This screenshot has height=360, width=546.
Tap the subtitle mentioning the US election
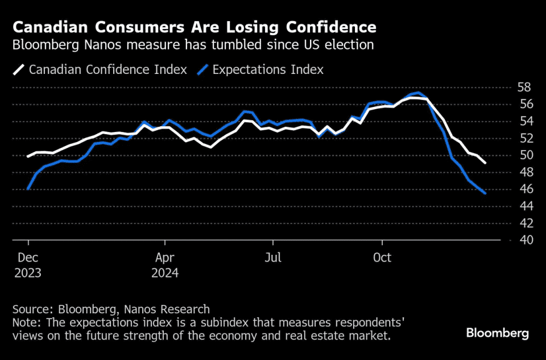[x=193, y=45]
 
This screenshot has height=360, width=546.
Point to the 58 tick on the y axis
[x=524, y=88]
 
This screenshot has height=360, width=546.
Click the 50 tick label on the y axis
[x=524, y=155]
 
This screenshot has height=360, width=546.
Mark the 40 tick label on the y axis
[x=524, y=240]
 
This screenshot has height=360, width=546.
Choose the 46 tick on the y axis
[x=524, y=189]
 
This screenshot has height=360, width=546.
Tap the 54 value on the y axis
[x=524, y=121]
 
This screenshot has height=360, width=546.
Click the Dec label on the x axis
[x=28, y=258]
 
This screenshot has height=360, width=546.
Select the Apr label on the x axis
[x=165, y=258]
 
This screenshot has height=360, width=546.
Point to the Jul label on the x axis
[x=273, y=258]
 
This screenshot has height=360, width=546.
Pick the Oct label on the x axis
[x=382, y=258]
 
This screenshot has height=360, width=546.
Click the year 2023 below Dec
[x=28, y=273]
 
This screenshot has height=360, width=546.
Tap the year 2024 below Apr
[x=165, y=273]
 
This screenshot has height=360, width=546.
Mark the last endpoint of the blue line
[x=485, y=193]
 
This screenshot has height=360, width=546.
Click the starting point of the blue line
[x=28, y=189]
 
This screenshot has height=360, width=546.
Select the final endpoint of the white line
[x=485, y=163]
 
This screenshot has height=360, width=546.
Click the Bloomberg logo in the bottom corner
[x=497, y=333]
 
